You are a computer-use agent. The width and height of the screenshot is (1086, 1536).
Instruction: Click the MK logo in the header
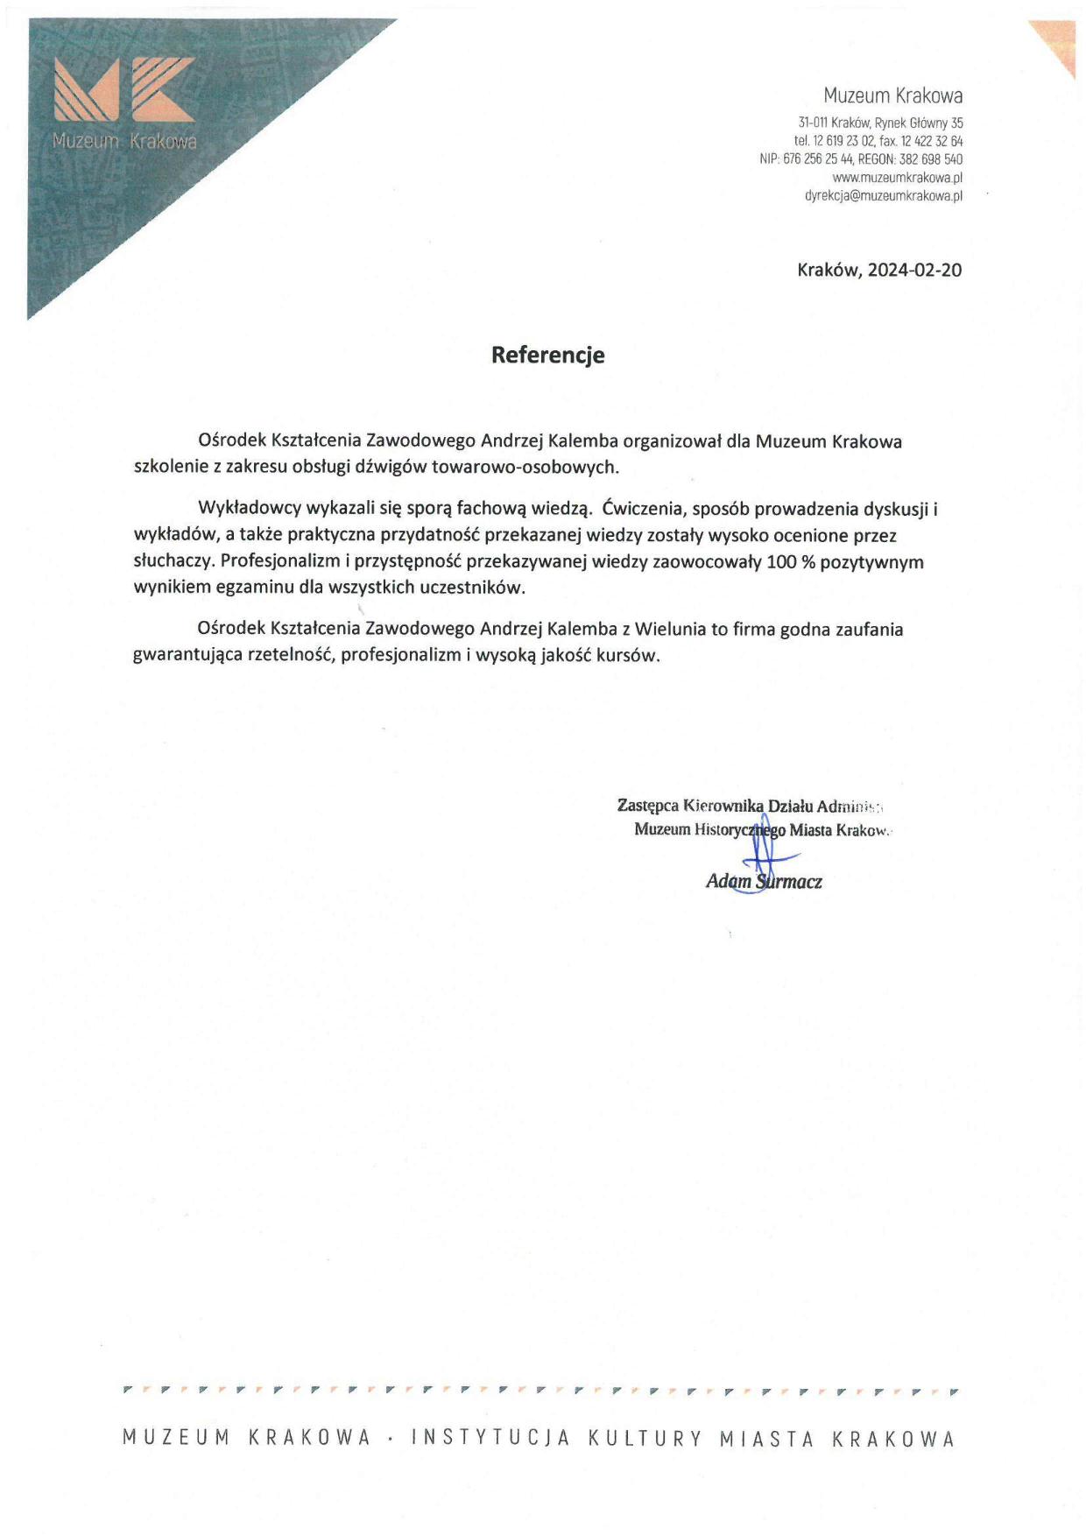pos(124,89)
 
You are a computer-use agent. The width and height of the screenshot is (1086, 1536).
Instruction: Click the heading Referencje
pos(547,355)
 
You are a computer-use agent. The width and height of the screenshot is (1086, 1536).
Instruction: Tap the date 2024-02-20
pos(914,270)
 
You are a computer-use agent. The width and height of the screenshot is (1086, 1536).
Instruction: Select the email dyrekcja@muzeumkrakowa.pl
pos(883,196)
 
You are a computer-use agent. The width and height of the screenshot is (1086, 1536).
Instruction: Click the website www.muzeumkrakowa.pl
pos(897,178)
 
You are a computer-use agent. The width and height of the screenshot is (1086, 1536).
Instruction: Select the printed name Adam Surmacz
pos(764,882)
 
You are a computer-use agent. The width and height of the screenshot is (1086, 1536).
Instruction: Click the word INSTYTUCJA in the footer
pos(490,1438)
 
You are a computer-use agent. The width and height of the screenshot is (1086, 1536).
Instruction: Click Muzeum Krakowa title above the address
pos(892,95)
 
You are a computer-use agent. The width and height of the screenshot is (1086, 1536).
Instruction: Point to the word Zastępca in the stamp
pos(647,805)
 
